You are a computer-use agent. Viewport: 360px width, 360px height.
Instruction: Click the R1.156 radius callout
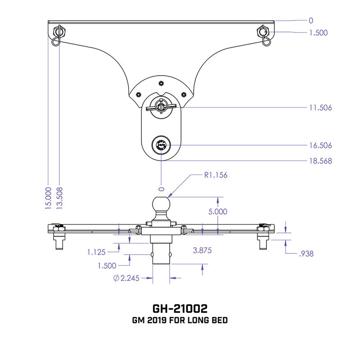(216, 175)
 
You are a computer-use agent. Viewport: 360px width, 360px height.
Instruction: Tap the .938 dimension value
(306, 254)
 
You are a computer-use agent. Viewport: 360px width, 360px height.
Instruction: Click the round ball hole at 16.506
(161, 145)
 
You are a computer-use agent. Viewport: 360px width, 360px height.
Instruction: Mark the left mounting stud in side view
(59, 242)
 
